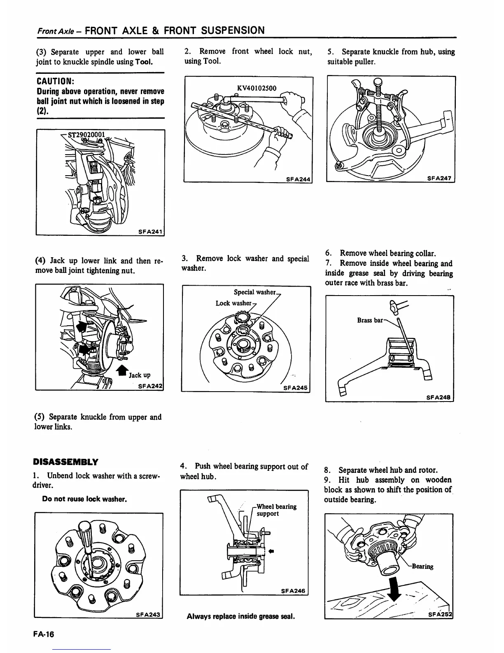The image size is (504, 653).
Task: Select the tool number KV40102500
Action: [x=257, y=88]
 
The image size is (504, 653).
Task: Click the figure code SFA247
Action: [x=440, y=178]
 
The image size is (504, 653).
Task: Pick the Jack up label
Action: [x=140, y=375]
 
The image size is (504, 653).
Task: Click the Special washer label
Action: [x=254, y=292]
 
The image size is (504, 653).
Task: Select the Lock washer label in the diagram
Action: [x=233, y=303]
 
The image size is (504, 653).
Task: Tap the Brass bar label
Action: [x=370, y=320]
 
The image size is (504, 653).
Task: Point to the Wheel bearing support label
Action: [x=276, y=510]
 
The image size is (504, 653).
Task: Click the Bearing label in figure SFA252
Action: [x=422, y=566]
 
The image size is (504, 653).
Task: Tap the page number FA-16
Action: [x=44, y=634]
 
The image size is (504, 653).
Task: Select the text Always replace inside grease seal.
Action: [x=241, y=617]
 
